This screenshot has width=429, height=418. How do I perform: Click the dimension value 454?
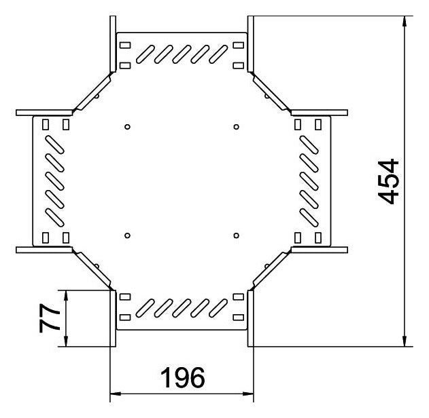tap(388, 182)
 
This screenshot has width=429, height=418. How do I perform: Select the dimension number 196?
tap(182, 377)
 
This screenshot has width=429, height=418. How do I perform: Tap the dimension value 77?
tap(50, 318)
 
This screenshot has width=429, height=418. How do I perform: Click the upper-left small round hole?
tap(127, 127)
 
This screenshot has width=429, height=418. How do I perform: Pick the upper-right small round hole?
tap(237, 127)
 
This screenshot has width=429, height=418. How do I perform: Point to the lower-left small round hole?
tap(127, 235)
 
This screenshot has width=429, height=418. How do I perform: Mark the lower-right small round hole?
tap(237, 235)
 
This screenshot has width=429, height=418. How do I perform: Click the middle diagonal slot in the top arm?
tap(182, 54)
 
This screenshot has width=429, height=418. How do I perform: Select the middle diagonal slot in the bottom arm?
tap(182, 308)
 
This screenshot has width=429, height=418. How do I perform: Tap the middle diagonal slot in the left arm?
tap(54, 180)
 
